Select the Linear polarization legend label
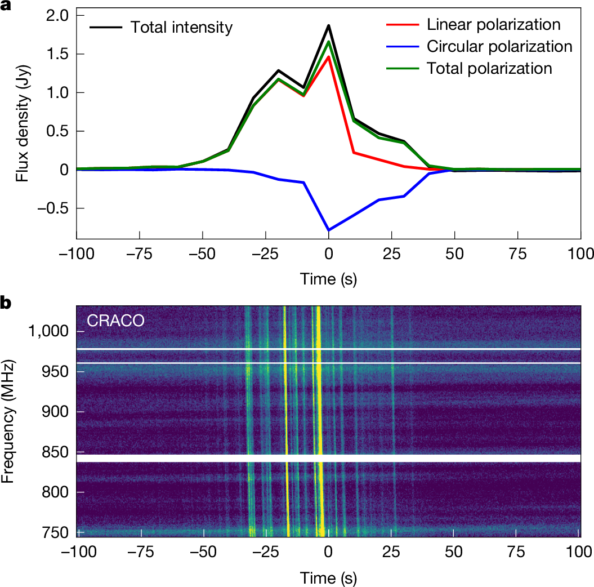click(x=493, y=25)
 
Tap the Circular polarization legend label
click(x=499, y=46)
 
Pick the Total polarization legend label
click(x=489, y=68)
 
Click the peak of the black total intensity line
click(x=328, y=25)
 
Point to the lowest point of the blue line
click(x=328, y=230)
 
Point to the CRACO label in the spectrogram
click(x=115, y=321)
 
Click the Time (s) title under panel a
click(x=328, y=278)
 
